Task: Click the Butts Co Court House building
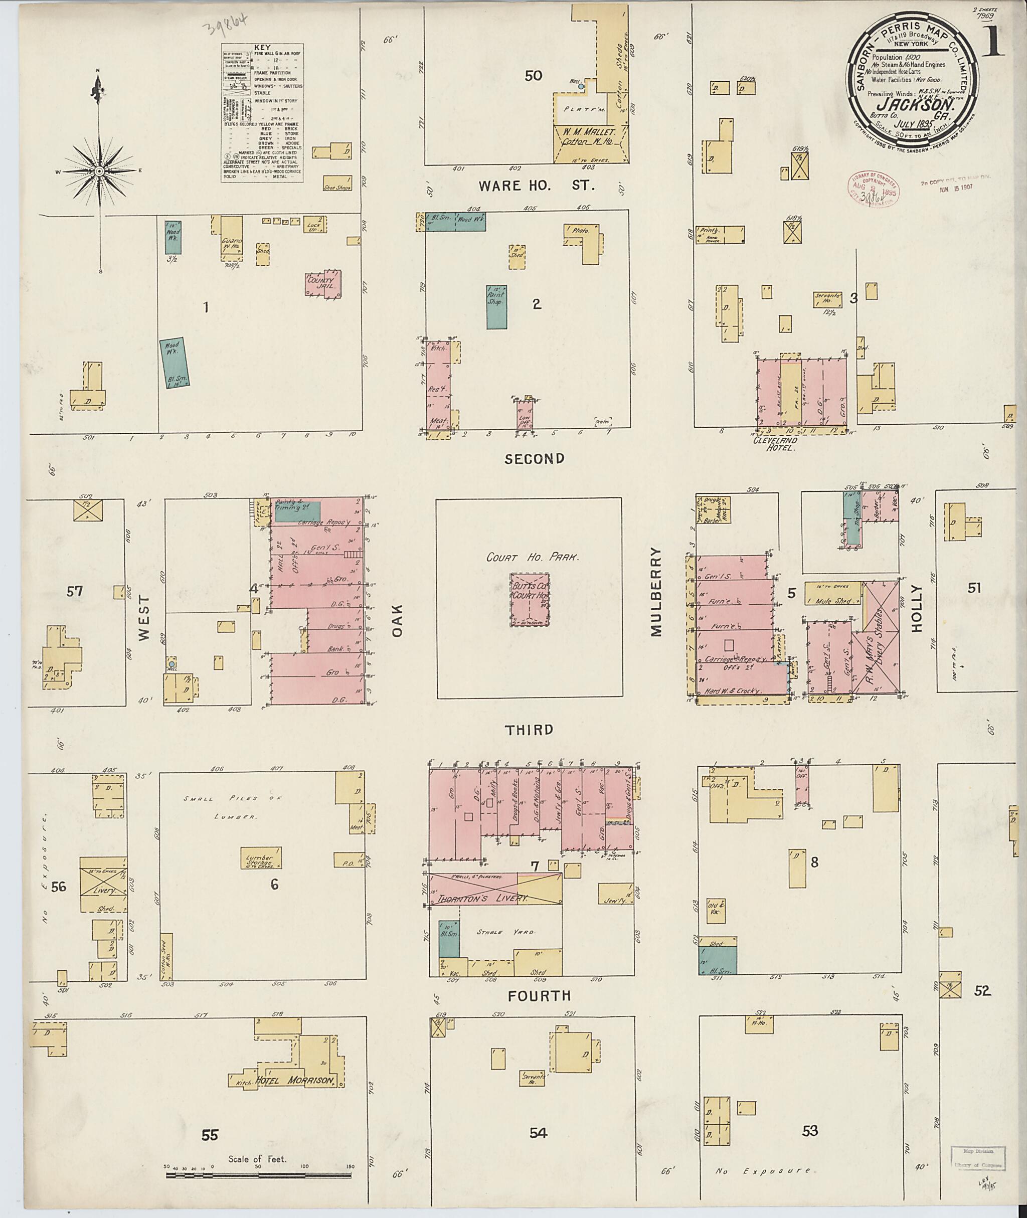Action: pos(530,599)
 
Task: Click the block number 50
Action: pos(533,76)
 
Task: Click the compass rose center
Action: pos(99,171)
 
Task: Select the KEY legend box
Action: pos(262,113)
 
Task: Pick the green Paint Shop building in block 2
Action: pos(496,307)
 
